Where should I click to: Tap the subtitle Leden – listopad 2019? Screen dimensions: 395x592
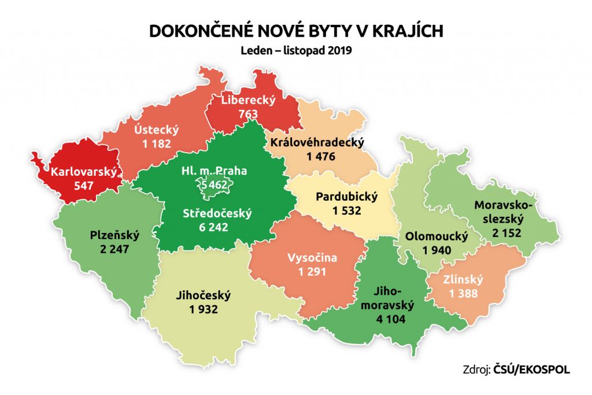[x=296, y=50]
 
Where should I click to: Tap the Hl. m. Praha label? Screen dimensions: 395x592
[x=213, y=171]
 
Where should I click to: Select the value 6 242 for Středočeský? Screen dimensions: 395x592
[x=210, y=227]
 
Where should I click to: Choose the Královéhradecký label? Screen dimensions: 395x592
[x=317, y=142]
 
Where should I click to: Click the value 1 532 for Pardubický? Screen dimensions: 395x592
[x=346, y=211]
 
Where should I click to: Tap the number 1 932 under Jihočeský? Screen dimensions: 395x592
[x=202, y=309]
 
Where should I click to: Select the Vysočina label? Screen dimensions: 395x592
[x=312, y=258]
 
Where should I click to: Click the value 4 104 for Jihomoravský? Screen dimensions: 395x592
[x=388, y=319]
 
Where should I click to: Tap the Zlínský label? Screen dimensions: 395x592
[x=464, y=280]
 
